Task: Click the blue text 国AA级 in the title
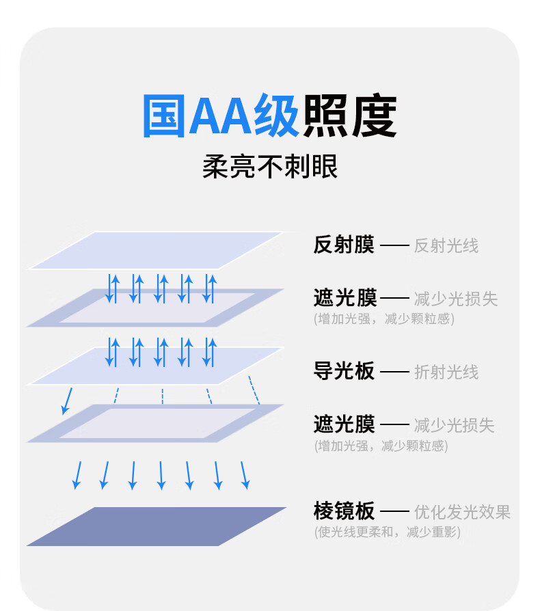pyautogui.click(x=220, y=116)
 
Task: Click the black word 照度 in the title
pyautogui.click(x=349, y=116)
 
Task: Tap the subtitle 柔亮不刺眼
pyautogui.click(x=270, y=167)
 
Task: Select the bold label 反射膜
pyautogui.click(x=344, y=245)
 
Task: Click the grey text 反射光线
pyautogui.click(x=446, y=245)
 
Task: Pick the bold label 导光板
pyautogui.click(x=344, y=371)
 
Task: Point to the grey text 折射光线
pyautogui.click(x=446, y=372)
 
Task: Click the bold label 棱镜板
pyautogui.click(x=344, y=511)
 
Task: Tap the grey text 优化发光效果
pyautogui.click(x=462, y=511)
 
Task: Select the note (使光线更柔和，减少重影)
pyautogui.click(x=387, y=531)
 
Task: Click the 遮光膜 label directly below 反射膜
pyautogui.click(x=345, y=298)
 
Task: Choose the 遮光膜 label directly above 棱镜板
pyautogui.click(x=344, y=424)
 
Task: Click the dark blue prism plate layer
pyautogui.click(x=156, y=526)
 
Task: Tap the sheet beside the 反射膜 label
pyautogui.click(x=156, y=250)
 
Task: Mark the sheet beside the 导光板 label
pyautogui.click(x=156, y=366)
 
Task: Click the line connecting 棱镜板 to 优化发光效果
pyautogui.click(x=394, y=511)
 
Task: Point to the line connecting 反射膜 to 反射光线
pyautogui.click(x=394, y=245)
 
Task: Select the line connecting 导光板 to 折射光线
pyautogui.click(x=394, y=372)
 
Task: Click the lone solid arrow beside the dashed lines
pyautogui.click(x=66, y=400)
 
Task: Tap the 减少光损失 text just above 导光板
pyautogui.click(x=455, y=299)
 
